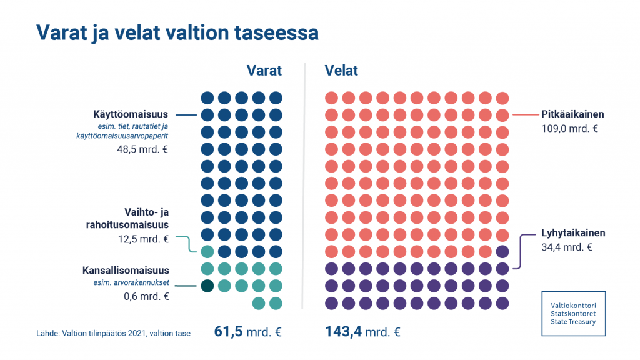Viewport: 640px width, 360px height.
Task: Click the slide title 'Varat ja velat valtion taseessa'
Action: point(177,32)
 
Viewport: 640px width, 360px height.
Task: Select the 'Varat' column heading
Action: point(264,70)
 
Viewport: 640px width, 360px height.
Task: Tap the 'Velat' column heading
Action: point(341,70)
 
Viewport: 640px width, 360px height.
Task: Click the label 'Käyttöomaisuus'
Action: point(131,114)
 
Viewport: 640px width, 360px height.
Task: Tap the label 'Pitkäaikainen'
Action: point(572,114)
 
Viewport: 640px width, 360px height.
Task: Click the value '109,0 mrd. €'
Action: point(570,129)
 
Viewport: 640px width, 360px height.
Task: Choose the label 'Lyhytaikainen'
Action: point(573,233)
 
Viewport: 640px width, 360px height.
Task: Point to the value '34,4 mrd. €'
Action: point(567,247)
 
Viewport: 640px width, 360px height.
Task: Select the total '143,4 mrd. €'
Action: point(362,331)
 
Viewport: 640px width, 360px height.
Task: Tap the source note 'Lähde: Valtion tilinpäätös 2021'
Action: point(113,333)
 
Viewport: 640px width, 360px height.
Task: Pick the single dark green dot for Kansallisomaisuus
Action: point(207,286)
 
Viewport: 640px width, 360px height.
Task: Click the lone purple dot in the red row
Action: point(502,252)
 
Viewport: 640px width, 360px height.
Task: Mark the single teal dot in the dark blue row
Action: point(207,252)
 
